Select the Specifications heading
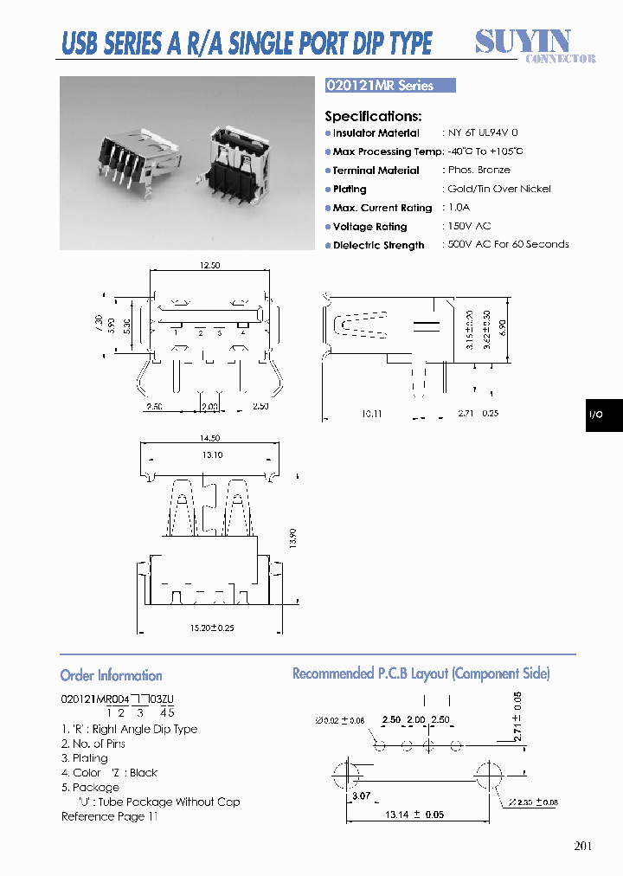coord(373,116)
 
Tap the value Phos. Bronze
coord(478,171)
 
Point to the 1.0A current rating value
coord(460,208)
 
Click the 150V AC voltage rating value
coord(469,226)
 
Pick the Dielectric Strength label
coord(378,246)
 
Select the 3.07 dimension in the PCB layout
coord(360,795)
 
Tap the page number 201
coord(582,847)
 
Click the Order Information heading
coord(111,675)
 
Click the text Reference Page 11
coord(110,816)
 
